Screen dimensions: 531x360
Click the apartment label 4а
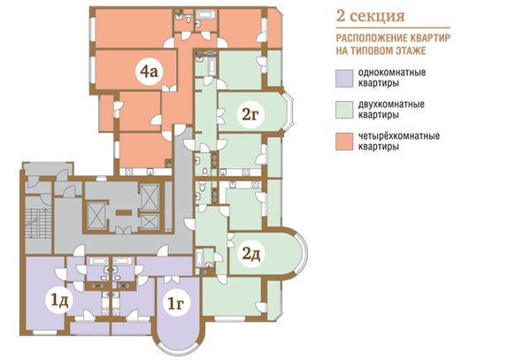pos(150,72)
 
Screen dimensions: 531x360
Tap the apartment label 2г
pos(250,115)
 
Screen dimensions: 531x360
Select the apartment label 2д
pos(251,254)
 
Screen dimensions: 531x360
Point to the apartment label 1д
pos(59,301)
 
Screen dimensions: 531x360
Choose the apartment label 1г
pos(176,303)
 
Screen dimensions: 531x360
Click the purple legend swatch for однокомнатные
pos(344,79)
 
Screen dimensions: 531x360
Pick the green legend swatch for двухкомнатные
pos(344,110)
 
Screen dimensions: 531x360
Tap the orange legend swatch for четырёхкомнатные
pos(344,142)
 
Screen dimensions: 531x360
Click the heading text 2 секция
pos(371,16)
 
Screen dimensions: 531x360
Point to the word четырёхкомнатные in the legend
pos(399,136)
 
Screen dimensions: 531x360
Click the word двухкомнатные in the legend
pos(391,104)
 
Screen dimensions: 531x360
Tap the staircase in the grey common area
pos(38,223)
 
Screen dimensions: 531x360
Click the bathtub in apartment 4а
pos(207,14)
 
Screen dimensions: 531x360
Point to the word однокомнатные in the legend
pos(392,73)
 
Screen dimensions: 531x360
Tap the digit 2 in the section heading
pos(341,16)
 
